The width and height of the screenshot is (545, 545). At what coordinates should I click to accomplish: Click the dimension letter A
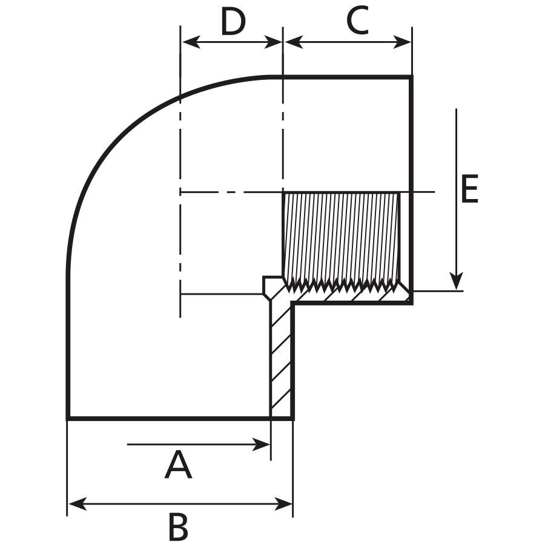(x=178, y=465)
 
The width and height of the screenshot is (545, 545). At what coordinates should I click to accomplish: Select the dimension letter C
(x=358, y=21)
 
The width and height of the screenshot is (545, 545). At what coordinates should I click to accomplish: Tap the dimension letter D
(x=233, y=22)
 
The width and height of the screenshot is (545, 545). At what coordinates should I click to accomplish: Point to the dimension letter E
(x=469, y=189)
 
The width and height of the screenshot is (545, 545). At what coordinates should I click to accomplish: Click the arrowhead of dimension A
(x=261, y=444)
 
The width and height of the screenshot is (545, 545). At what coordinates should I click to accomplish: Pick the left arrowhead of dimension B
(x=78, y=504)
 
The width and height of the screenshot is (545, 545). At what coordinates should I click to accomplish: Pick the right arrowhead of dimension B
(x=283, y=504)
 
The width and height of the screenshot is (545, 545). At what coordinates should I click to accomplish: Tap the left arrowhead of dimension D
(x=191, y=42)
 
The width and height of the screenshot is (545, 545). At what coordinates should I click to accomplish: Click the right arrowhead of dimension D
(x=273, y=42)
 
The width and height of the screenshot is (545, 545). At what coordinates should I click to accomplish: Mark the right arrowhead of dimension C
(x=402, y=42)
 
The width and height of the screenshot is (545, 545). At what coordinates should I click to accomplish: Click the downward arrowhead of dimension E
(x=456, y=281)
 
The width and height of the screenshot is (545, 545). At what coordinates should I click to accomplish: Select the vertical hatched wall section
(x=281, y=358)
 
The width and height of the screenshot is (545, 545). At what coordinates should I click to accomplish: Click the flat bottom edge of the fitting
(x=180, y=418)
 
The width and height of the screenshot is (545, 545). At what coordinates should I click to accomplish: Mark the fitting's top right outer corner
(x=412, y=76)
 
